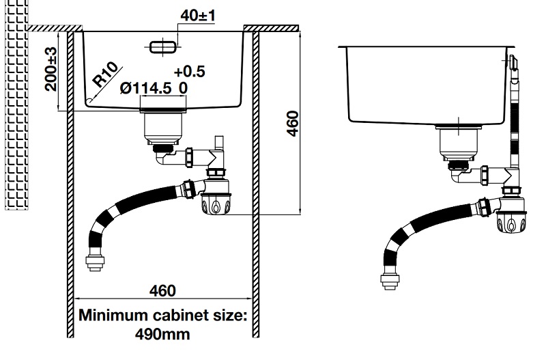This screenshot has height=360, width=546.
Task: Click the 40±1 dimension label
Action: coord(197,16)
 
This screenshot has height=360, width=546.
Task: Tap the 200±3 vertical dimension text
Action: coord(51,69)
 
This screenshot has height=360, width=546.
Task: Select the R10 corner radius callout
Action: coord(105,74)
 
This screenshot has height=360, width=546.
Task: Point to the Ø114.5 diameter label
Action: coord(145,88)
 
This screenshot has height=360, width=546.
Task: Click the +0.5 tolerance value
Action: coord(190,72)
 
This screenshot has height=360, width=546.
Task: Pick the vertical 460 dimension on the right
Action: coord(293,124)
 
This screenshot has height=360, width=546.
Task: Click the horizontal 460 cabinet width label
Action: coord(162,290)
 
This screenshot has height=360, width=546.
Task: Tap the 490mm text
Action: coord(162,334)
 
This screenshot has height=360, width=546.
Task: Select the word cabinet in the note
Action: coord(176,315)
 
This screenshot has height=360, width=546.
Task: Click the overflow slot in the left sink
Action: coord(163,47)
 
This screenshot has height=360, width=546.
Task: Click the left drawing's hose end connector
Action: coord(95,260)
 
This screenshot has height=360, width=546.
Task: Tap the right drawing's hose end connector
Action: coord(390,278)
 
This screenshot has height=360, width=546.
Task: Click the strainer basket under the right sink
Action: coord(459,142)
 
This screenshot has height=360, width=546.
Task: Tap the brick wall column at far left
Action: coord(16,105)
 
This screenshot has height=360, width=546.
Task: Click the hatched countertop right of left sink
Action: coord(271,28)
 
